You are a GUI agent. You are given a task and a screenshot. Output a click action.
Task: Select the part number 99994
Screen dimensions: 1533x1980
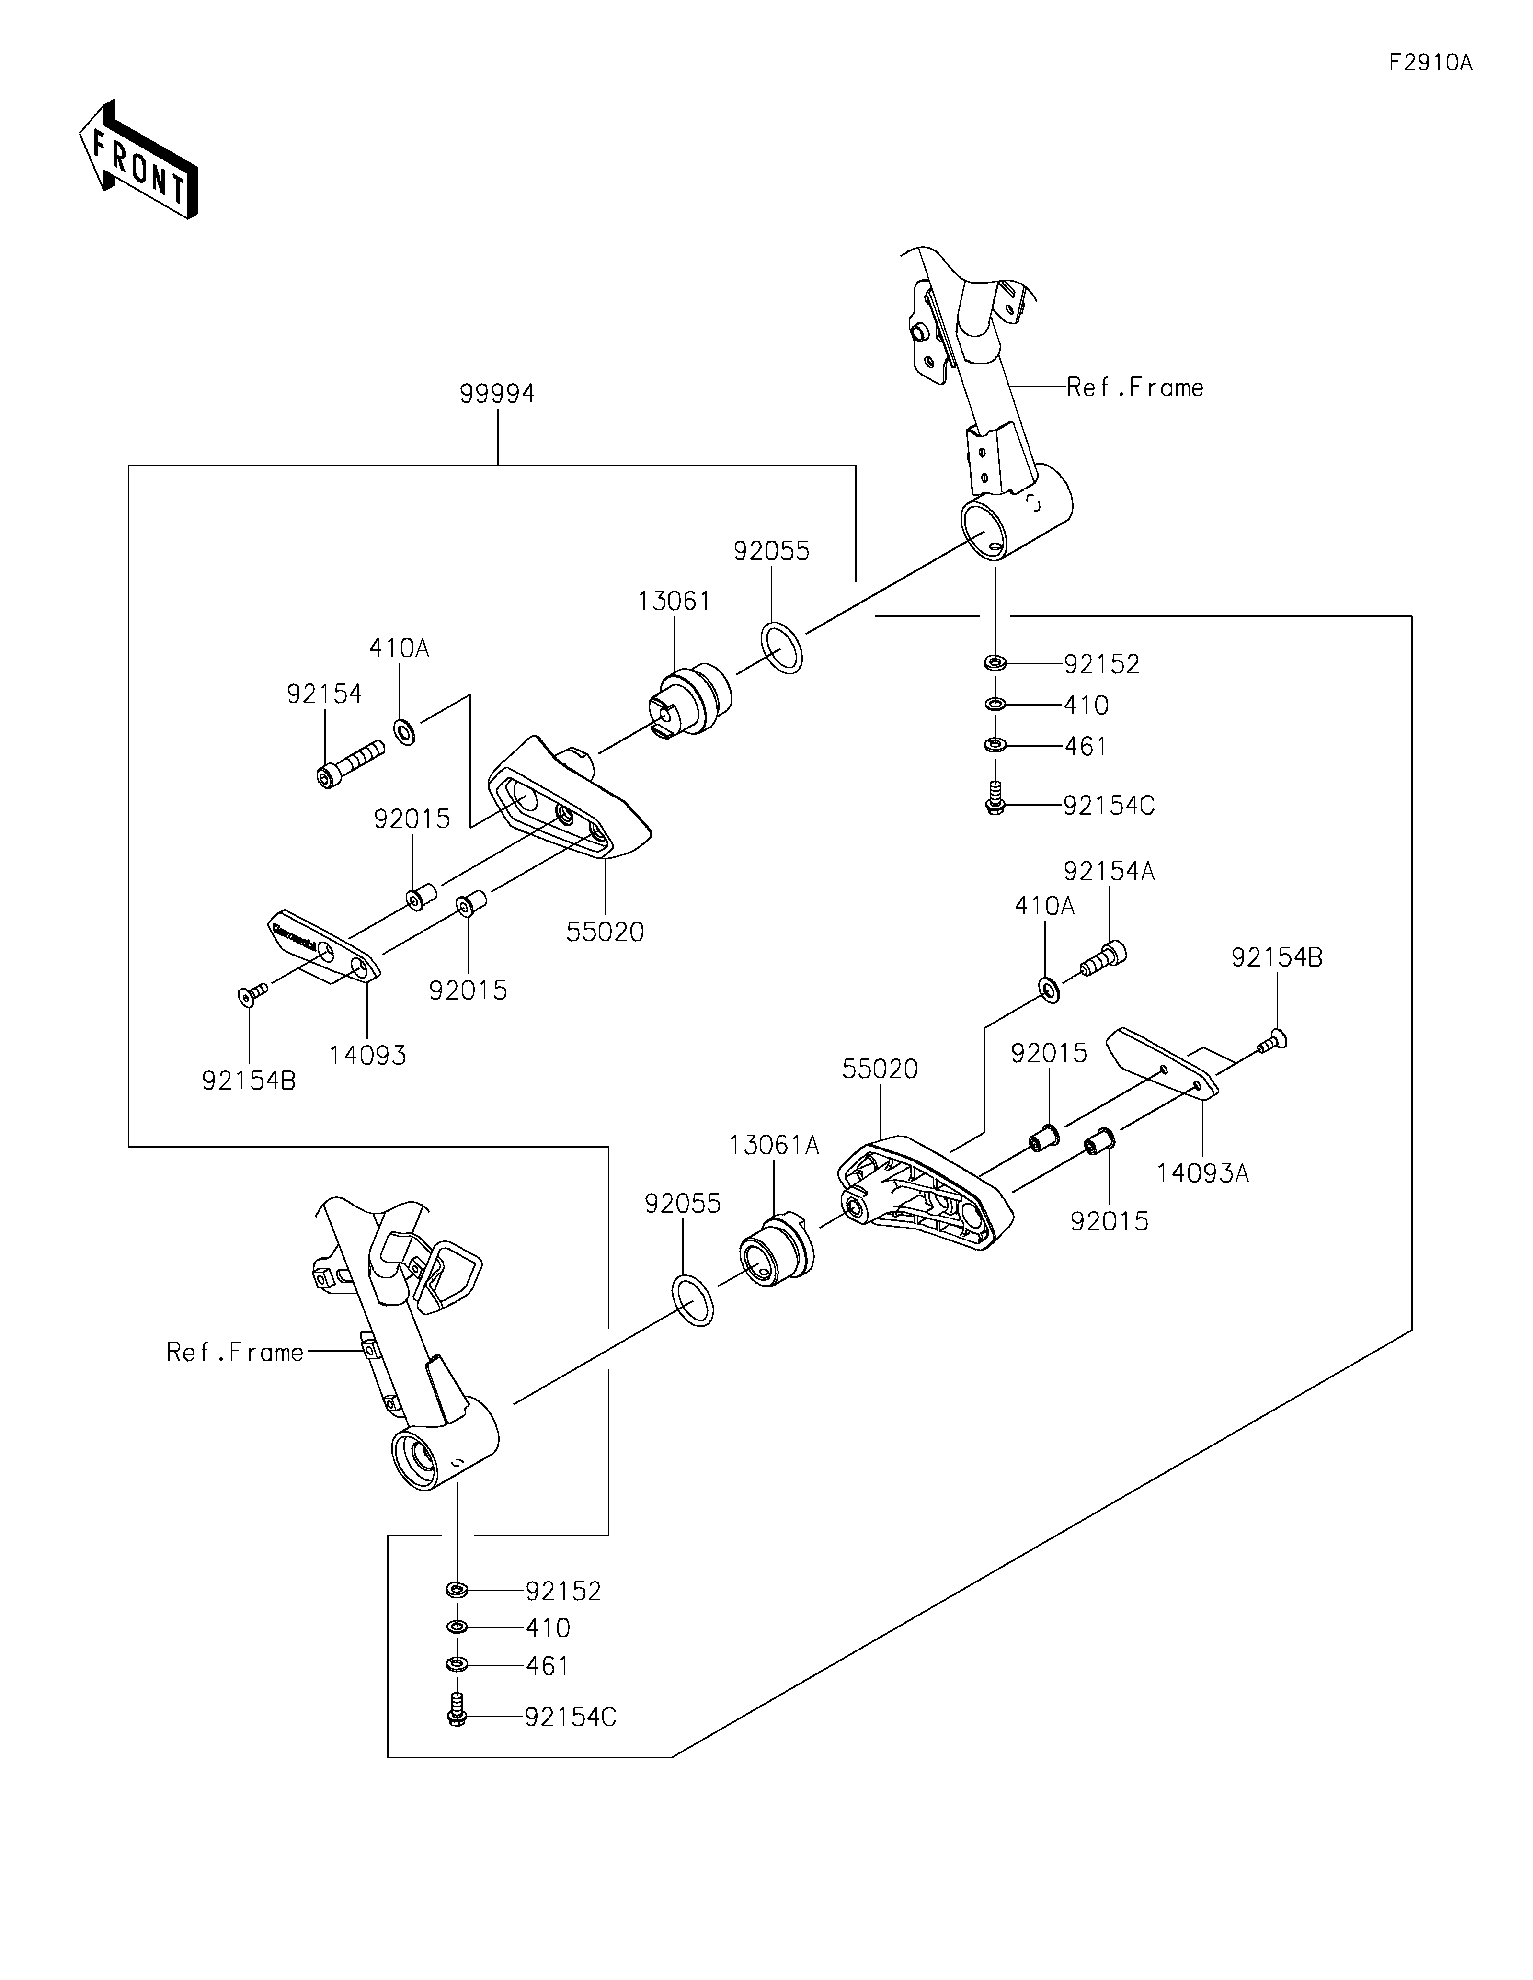(497, 394)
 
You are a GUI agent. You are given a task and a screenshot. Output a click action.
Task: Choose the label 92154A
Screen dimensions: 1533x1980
(1110, 871)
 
